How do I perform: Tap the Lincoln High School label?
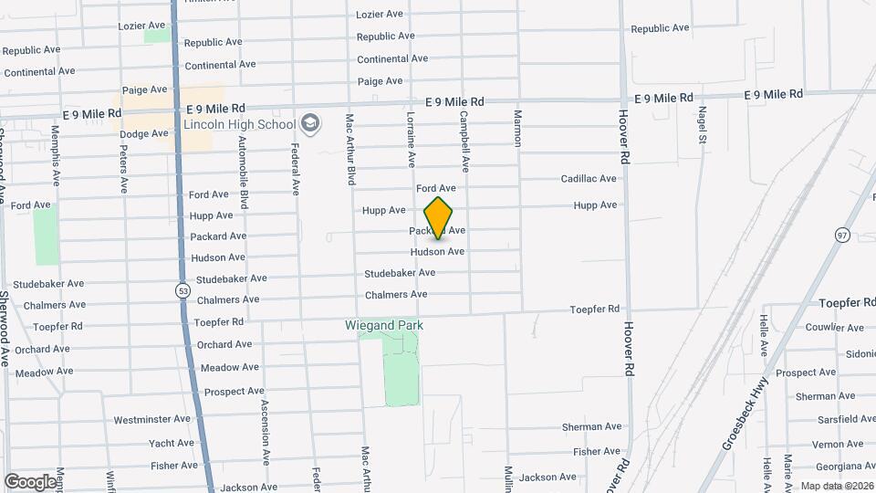pyautogui.click(x=240, y=124)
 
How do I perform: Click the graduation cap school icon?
pyautogui.click(x=310, y=124)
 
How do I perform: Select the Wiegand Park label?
pyautogui.click(x=384, y=325)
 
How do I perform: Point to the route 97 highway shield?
pyautogui.click(x=842, y=235)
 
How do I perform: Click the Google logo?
pyautogui.click(x=30, y=481)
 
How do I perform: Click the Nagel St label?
pyautogui.click(x=703, y=125)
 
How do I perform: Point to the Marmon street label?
pyautogui.click(x=517, y=130)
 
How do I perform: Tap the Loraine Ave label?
pyautogui.click(x=411, y=140)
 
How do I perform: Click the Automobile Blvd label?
pyautogui.click(x=243, y=173)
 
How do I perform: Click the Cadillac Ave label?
pyautogui.click(x=590, y=179)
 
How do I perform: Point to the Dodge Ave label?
pyautogui.click(x=144, y=133)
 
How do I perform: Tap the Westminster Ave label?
pyautogui.click(x=151, y=420)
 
